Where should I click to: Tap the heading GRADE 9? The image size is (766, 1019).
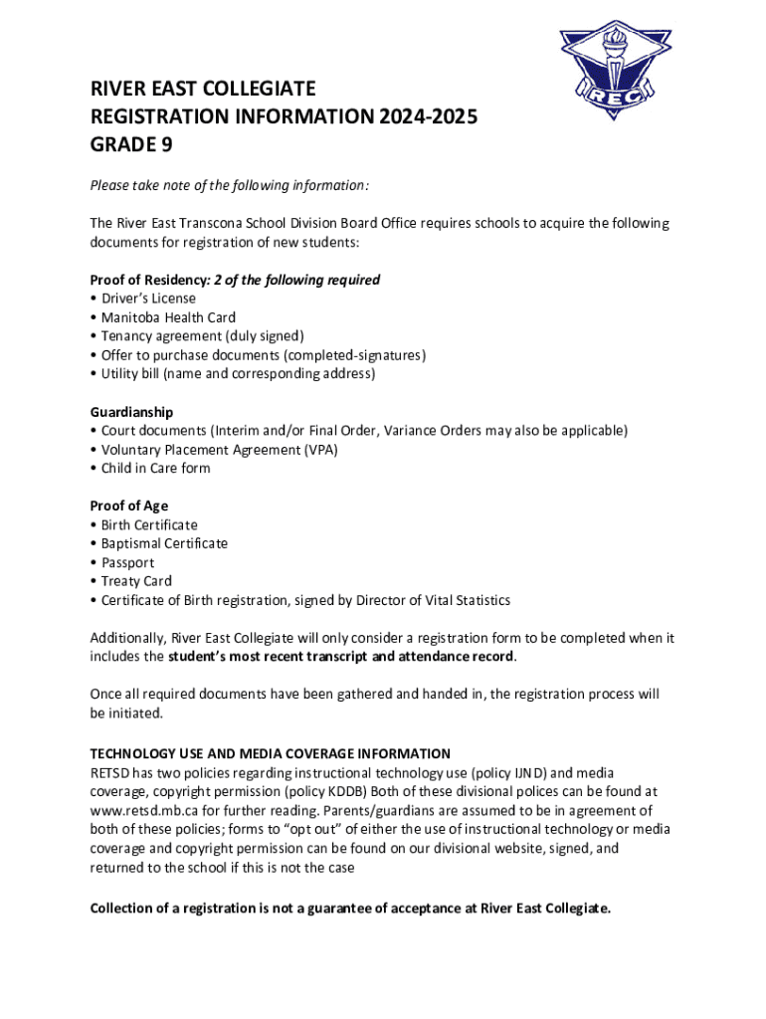[x=131, y=145]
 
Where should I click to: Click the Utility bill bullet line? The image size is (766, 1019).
[x=237, y=374]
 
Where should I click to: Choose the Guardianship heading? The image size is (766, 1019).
[x=131, y=412]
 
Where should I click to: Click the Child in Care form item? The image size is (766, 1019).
[x=155, y=469]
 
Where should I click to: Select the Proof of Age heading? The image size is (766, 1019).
[x=130, y=507]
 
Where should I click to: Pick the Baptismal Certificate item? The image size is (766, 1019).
[x=164, y=544]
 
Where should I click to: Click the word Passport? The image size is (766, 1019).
[x=127, y=563]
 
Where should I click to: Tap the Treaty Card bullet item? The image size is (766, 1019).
[x=136, y=582]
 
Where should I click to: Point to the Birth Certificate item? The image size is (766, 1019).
[x=149, y=525]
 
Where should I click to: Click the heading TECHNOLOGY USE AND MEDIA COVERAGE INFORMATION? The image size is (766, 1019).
[x=271, y=754]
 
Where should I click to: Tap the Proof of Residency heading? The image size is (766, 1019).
[x=149, y=280]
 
